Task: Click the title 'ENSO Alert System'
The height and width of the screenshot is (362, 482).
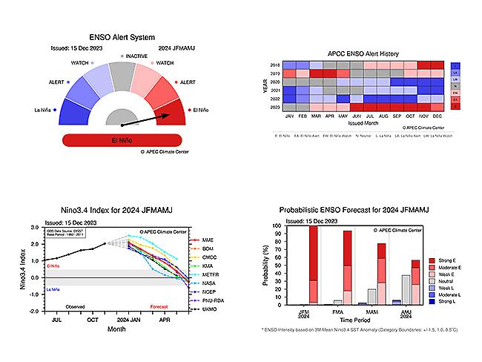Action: [x=121, y=35]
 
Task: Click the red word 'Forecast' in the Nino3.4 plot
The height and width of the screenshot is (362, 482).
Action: [x=160, y=306]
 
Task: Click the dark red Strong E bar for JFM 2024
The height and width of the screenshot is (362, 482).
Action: [x=312, y=252]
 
